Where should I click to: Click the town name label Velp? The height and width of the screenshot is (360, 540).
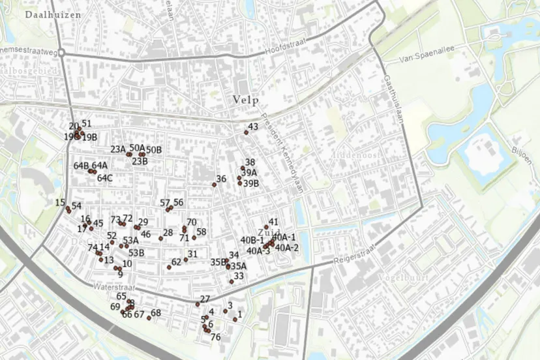tap(246, 100)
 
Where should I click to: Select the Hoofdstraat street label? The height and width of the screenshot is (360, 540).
tap(285, 48)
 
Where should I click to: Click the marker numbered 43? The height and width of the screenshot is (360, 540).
tap(247, 132)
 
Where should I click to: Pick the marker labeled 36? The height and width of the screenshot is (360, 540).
tap(214, 185)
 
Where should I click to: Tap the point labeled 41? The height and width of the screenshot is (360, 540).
tap(266, 228)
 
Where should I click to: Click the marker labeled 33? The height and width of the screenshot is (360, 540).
tap(232, 282)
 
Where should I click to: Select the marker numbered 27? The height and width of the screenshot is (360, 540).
tap(198, 305)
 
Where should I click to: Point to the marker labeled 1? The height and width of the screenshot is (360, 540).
tap(235, 320)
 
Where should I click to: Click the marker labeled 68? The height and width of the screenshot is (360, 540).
tap(149, 318)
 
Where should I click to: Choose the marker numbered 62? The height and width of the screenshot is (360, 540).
tap(169, 267)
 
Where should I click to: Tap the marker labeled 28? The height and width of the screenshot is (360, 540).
tap(160, 238)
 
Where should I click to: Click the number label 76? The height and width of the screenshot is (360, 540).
tap(216, 337)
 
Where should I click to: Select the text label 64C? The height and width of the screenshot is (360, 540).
tap(105, 177)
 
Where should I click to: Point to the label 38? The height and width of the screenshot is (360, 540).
tap(250, 162)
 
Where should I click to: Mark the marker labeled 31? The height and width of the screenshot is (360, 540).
tap(186, 260)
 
